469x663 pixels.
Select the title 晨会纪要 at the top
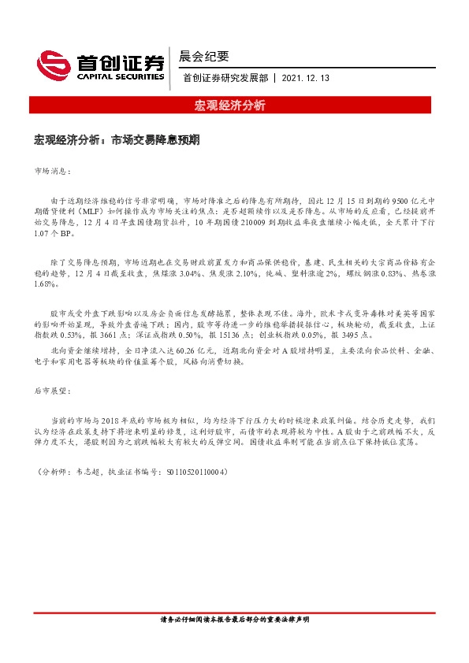pyautogui.click(x=203, y=56)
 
